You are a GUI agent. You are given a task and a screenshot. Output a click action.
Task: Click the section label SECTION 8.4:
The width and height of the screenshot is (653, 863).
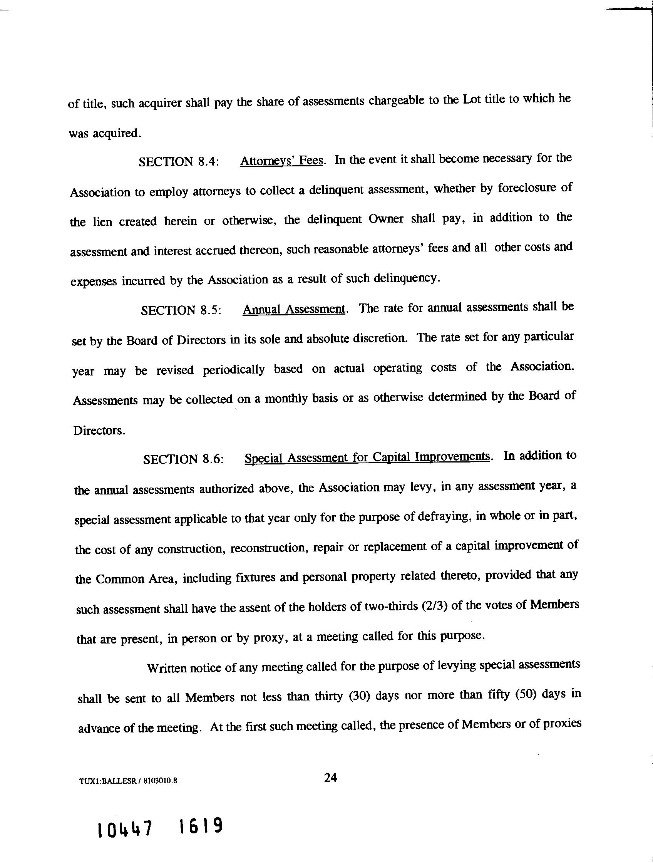(179, 161)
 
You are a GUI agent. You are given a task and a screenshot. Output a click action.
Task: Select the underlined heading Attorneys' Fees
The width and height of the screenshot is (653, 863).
(281, 160)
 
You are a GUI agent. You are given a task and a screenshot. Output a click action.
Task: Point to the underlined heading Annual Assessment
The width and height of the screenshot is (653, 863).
(294, 309)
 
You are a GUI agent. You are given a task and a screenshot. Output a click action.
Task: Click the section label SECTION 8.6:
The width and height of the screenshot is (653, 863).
(183, 459)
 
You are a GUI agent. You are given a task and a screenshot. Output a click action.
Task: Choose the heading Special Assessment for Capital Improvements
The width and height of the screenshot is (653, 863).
(367, 457)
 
